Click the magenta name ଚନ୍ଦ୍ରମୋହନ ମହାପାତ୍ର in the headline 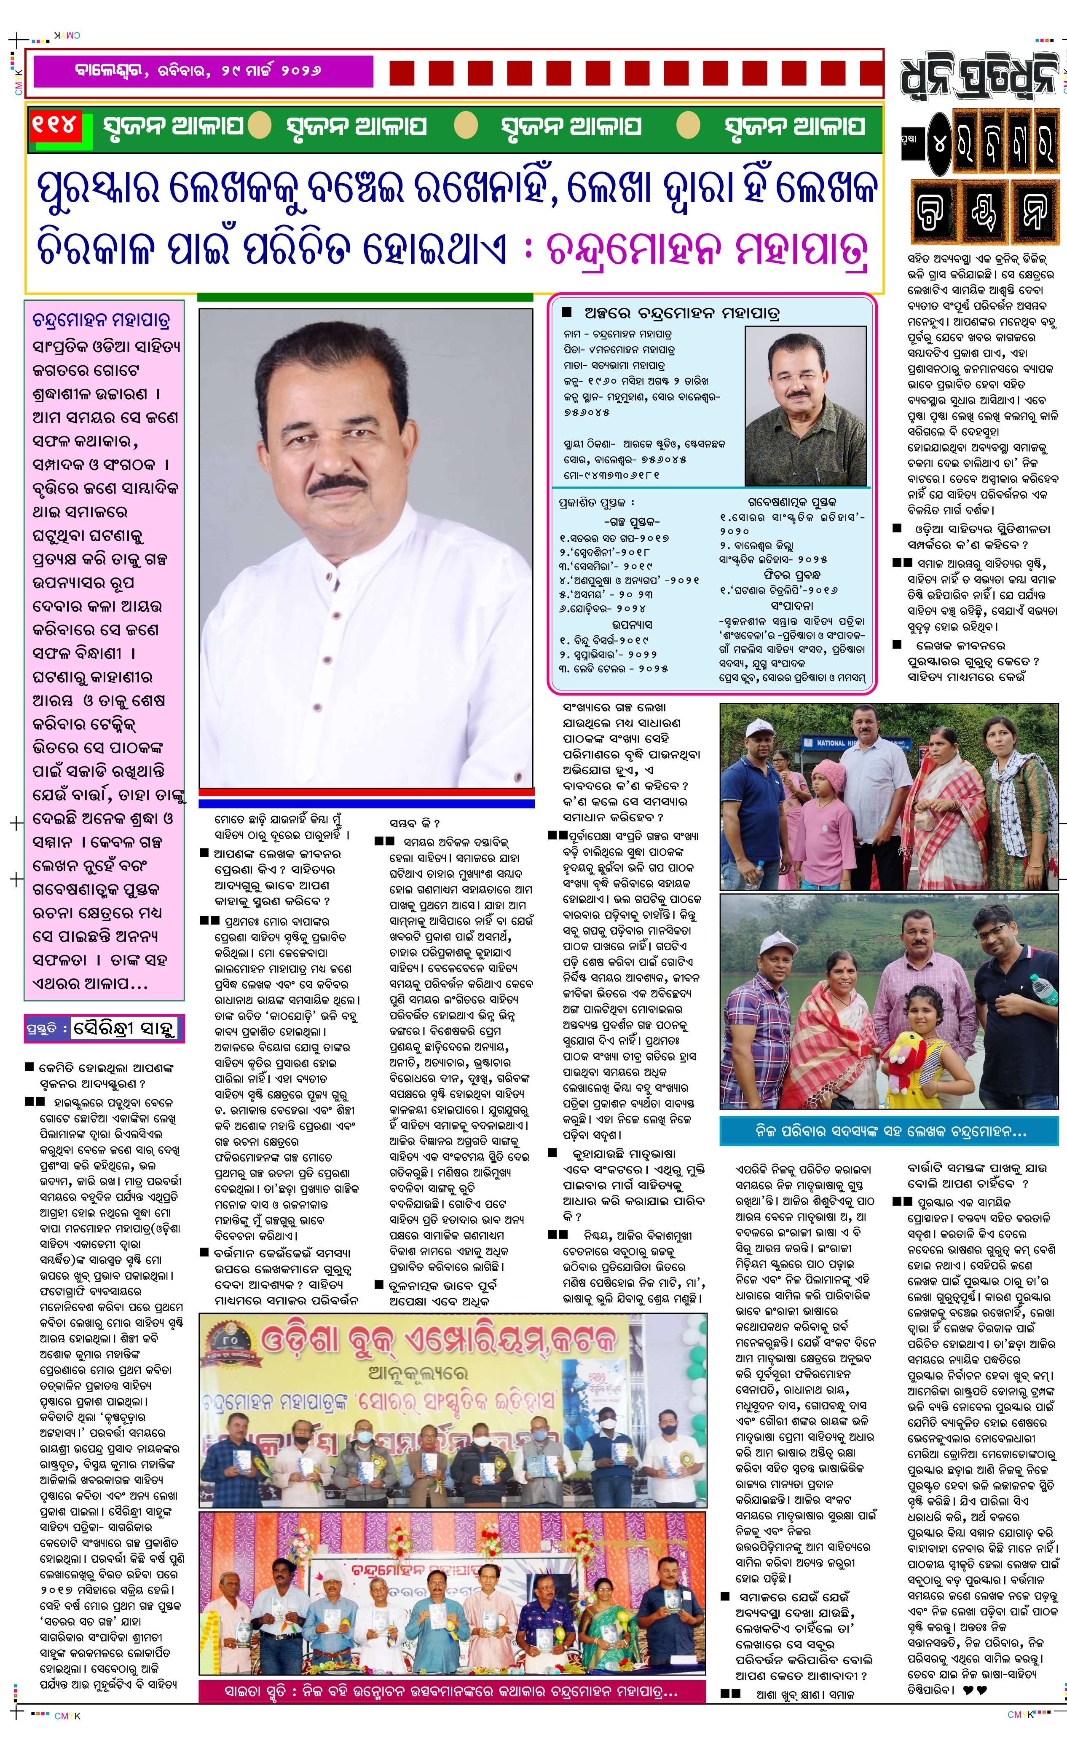click(x=707, y=249)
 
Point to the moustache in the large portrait click(x=338, y=485)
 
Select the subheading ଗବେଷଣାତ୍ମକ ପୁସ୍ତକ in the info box click(x=791, y=502)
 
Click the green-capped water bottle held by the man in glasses click(x=1039, y=986)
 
